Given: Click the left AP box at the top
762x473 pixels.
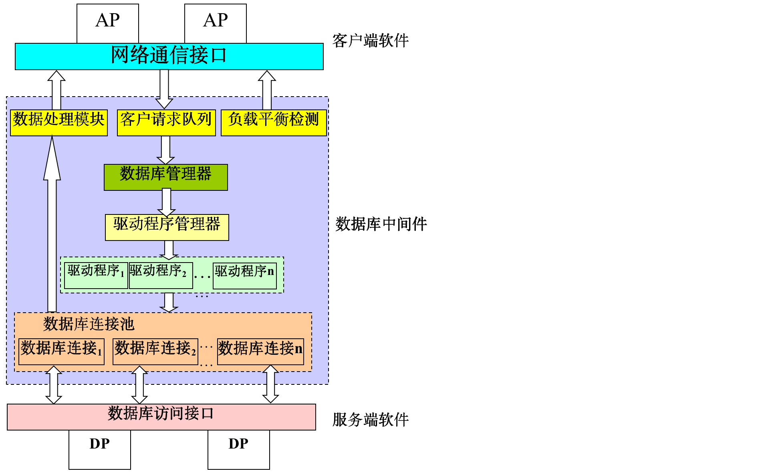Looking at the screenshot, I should pos(107,23).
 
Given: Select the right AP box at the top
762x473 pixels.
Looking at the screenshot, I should pos(215,23).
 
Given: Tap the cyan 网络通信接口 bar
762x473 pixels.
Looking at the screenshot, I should pos(169,56).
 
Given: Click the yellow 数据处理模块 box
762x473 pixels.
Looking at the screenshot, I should pos(58,122).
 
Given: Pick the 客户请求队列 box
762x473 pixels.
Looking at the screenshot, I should pos(166,122).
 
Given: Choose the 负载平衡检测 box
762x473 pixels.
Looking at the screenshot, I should pos(274,122).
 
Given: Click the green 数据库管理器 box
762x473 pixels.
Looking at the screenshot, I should pos(165,177).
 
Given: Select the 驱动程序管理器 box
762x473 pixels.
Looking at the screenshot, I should pos(167,227).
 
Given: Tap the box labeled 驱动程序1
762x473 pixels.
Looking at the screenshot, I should pos(96,275).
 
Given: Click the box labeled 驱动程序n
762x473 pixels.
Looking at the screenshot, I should pos(244,275).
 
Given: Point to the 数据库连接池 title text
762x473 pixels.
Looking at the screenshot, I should pos(89,324).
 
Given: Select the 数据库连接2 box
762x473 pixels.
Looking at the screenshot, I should pos(155,352).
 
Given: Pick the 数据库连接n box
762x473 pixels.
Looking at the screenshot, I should pos(260,352).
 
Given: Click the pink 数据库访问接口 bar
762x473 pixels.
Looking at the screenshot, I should pos(161,416).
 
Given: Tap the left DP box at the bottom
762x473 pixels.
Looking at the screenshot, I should pos(99,449).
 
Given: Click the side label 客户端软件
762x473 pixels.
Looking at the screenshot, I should pos(370,41).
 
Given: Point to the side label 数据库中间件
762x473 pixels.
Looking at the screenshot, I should pos(381,224).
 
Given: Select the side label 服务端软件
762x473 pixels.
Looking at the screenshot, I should pos(370,420).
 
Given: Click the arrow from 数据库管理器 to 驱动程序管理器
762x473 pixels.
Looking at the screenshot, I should pos(166,202).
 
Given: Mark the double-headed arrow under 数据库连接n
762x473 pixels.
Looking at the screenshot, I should pos(270,384).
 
